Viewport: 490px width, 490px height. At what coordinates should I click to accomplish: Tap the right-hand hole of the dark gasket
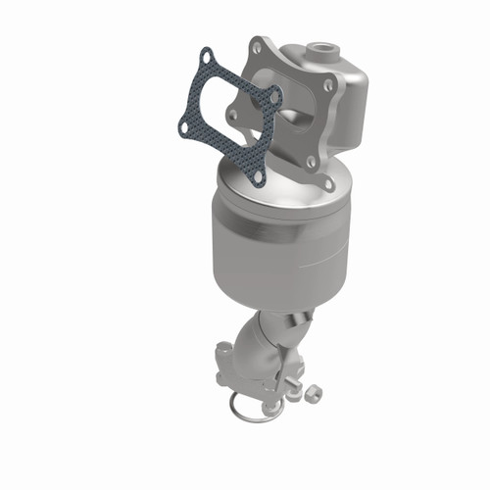[274, 98]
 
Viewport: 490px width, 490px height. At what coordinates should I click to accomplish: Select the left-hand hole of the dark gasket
[184, 125]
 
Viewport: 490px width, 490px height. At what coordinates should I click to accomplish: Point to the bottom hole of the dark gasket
[256, 174]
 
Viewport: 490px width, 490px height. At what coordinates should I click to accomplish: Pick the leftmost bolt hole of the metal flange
[232, 116]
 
